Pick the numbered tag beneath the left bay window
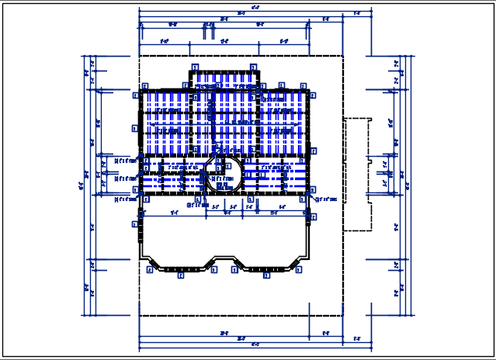tap(181, 275)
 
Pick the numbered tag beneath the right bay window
tap(266, 275)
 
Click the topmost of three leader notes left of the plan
tap(123, 161)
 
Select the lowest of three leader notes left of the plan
tap(123, 199)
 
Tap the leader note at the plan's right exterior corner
tap(325, 199)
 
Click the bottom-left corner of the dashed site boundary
tap(139, 316)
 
